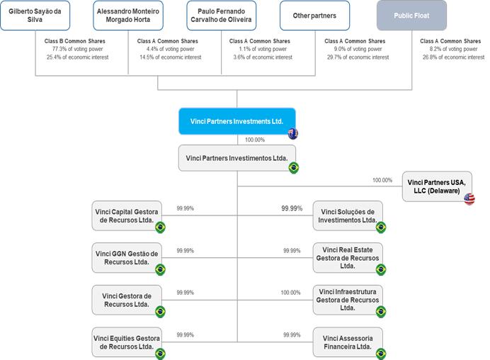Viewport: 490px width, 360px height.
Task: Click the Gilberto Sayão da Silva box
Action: (35, 16)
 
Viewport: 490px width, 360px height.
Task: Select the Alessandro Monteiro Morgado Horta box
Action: (128, 16)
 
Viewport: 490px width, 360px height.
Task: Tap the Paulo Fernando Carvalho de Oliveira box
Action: (221, 16)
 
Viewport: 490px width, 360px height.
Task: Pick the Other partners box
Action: (314, 16)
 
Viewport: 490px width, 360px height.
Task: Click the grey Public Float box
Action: (411, 16)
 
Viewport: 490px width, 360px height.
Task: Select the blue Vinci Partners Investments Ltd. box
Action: (237, 121)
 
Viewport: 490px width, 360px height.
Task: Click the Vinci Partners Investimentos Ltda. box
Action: (237, 158)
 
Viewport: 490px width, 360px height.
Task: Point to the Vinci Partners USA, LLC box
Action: (437, 186)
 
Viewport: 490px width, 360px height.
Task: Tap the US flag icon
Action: (469, 199)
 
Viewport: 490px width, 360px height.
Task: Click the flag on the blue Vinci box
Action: (293, 134)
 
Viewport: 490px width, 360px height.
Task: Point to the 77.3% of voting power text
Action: (77, 49)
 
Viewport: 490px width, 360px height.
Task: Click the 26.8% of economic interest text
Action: (453, 57)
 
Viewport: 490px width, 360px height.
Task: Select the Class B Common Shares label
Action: (74, 41)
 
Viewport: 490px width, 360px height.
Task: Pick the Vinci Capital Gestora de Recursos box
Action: (127, 216)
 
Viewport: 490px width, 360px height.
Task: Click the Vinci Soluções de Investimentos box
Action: (348, 216)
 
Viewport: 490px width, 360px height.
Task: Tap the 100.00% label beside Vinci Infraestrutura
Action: (290, 293)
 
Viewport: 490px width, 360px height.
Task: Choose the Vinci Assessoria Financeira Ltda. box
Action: (348, 342)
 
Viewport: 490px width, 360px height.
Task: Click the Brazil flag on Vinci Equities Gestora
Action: (160, 354)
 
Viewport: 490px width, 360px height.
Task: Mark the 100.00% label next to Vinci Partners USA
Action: (382, 180)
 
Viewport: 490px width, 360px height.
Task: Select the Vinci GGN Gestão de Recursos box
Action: (127, 258)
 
